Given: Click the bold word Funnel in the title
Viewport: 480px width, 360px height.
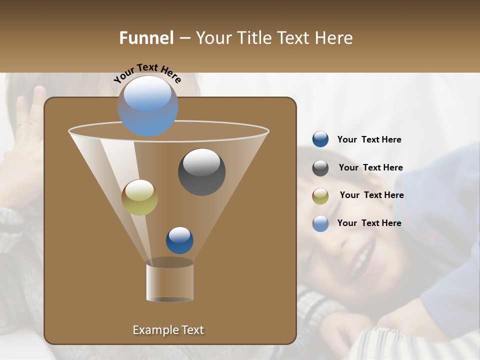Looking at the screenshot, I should [x=146, y=38].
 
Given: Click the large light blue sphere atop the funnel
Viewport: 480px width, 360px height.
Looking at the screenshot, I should [x=148, y=105].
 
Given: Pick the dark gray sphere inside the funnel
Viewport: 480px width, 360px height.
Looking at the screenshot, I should [x=201, y=171].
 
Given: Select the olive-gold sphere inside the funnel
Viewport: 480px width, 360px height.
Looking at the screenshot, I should [x=139, y=197].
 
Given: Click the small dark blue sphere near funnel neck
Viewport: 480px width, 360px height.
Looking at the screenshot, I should [x=179, y=240].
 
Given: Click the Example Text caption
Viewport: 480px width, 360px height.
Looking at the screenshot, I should [x=168, y=330].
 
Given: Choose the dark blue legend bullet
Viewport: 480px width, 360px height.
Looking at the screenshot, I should [x=320, y=139].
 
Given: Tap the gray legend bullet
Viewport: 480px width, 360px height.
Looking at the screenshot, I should [x=320, y=168].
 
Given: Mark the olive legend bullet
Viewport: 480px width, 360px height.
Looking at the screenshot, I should [x=320, y=196].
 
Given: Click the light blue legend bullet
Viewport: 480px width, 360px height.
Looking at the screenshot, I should [x=320, y=223].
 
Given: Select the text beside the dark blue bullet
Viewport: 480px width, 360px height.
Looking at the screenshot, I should [x=369, y=139].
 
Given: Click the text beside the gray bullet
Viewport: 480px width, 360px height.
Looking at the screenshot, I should [x=370, y=167].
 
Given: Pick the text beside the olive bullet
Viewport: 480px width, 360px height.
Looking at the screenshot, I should [x=371, y=195].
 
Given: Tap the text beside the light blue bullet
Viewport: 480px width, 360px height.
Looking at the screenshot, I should [x=369, y=223].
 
